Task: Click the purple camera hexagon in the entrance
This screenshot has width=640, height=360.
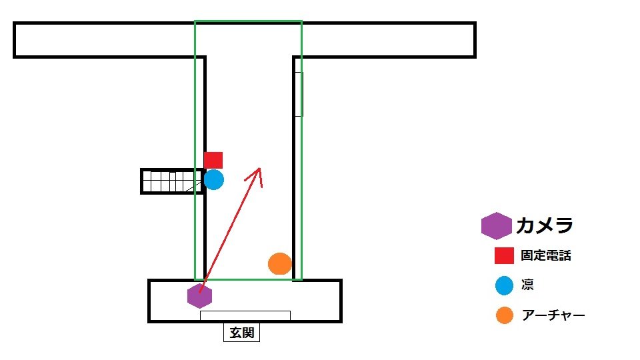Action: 199,296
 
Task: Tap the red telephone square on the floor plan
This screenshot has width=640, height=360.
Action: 213,160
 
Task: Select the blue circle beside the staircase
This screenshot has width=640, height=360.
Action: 213,179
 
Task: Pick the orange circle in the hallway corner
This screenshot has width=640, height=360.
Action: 280,263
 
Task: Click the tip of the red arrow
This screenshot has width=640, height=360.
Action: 259,167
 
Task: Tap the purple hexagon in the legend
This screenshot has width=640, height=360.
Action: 496,226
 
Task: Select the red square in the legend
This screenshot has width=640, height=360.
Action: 504,255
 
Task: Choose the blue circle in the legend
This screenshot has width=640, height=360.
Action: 505,285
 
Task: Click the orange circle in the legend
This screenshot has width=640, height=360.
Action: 505,315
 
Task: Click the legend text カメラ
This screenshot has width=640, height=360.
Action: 544,226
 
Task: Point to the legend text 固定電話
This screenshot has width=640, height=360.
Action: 546,255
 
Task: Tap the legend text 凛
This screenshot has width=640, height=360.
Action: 528,285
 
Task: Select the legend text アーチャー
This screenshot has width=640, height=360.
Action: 553,315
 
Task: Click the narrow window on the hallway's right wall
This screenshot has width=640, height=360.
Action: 299,94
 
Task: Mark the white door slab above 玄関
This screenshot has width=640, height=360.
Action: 245,315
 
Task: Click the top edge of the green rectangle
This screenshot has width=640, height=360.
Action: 248,21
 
